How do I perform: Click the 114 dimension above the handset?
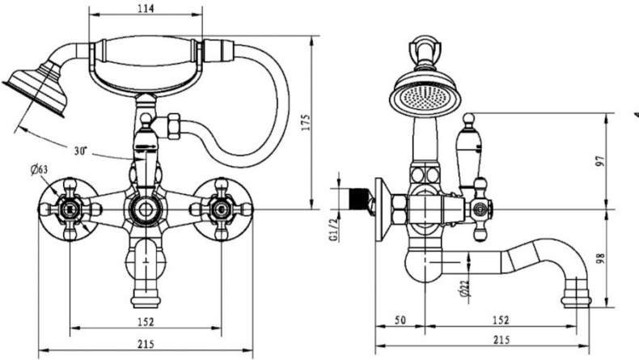[x=147, y=8]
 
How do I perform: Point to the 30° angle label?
[x=80, y=151]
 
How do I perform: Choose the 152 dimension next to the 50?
[x=501, y=321]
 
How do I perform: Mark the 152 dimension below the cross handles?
[x=146, y=321]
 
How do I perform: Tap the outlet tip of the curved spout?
[x=579, y=296]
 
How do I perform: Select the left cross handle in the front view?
[x=69, y=209]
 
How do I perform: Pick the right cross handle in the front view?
[x=217, y=208]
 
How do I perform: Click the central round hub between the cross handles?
[x=144, y=208]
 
